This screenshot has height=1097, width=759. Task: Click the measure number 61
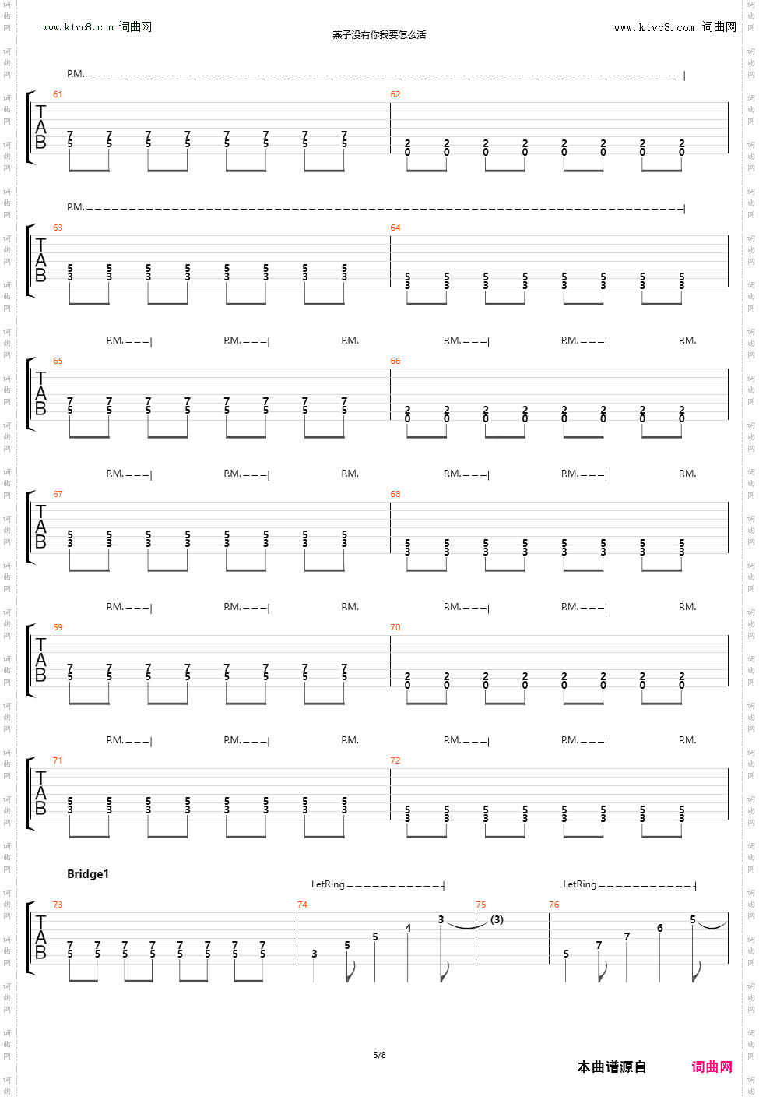58,94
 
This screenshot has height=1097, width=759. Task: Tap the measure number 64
395,228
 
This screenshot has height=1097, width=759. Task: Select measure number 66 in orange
395,361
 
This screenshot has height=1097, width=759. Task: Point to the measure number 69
58,627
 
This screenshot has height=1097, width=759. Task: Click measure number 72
395,760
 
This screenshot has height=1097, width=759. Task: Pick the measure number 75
481,905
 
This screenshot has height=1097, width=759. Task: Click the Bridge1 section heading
88,874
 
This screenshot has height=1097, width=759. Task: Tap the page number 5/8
379,1055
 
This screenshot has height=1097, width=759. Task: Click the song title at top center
379,34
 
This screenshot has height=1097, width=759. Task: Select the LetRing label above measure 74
328,884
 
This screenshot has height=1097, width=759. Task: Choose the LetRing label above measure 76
580,884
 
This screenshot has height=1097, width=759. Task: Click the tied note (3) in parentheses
497,919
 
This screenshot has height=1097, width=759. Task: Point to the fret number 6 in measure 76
659,928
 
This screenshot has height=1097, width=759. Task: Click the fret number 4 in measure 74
408,928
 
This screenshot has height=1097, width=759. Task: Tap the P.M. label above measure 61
75,74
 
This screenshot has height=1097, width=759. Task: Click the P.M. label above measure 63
75,207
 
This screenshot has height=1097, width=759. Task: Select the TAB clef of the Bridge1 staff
40,937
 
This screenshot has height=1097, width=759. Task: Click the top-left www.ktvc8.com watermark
78,27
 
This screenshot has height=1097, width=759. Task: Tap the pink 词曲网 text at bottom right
712,1067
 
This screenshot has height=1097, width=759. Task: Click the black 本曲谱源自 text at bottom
612,1067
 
